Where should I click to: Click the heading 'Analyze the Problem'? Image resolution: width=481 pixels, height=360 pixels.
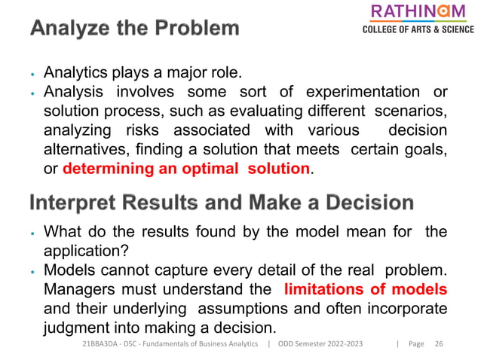point(136,29)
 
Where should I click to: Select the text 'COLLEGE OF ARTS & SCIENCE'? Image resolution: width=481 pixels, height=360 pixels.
point(418,30)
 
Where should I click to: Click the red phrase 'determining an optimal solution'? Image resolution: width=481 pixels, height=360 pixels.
point(186,168)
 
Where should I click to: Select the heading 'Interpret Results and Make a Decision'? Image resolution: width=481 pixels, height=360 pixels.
point(222,203)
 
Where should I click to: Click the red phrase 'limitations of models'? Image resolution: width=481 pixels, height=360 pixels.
point(366,289)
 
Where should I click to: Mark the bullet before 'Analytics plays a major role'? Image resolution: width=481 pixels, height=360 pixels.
point(33,75)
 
